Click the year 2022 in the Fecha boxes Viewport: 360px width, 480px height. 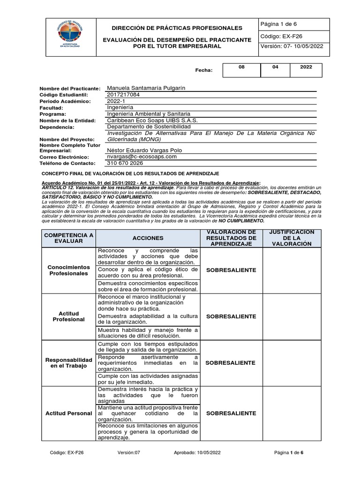click(306, 67)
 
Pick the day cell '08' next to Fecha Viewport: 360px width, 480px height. click(241, 67)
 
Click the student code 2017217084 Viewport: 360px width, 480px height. click(123, 94)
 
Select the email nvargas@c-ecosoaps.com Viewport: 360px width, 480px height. click(142, 157)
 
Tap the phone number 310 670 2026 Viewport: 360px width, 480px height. click(125, 163)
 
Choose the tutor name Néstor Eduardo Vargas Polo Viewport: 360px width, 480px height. click(144, 150)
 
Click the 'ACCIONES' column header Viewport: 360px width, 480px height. click(148, 238)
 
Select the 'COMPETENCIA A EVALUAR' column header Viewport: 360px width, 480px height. click(68, 238)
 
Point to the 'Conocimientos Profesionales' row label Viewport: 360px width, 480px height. click(68, 270)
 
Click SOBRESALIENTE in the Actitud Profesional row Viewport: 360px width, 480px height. click(231, 316)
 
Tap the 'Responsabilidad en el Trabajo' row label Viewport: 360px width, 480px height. click(68, 362)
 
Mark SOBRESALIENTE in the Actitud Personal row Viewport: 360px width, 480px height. click(231, 413)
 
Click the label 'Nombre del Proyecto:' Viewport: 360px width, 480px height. click(67, 140)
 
